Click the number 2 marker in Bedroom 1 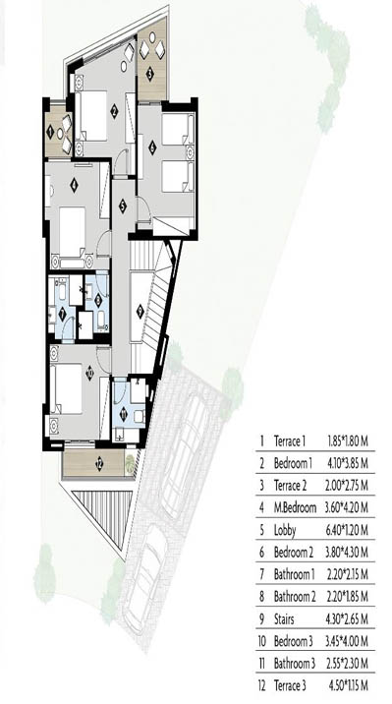(x=114, y=111)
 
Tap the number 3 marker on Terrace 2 (x=149, y=74)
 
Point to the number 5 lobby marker (x=122, y=206)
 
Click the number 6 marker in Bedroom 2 (x=152, y=146)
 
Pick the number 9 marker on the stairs (x=140, y=311)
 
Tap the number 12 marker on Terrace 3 (x=99, y=464)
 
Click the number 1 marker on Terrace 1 (x=50, y=132)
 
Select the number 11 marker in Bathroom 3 (x=125, y=411)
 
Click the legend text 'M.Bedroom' (x=295, y=507)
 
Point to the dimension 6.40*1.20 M (x=348, y=530)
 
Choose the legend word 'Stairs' (x=284, y=619)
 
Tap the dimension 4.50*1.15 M (x=348, y=685)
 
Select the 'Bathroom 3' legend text (x=295, y=663)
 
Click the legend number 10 (x=262, y=641)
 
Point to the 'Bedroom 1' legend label (x=293, y=463)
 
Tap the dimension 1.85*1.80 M (x=348, y=441)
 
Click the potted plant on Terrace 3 (x=130, y=463)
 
